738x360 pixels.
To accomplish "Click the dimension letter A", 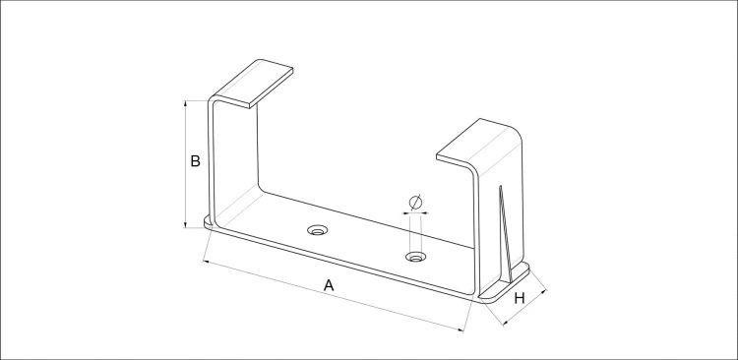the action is coord(329,285).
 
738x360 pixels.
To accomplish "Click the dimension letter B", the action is coord(196,161).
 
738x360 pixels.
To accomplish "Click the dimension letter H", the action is coord(520,298).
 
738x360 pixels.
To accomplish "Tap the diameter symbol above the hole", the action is coord(415,203).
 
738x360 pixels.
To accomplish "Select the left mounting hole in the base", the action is coord(318,230).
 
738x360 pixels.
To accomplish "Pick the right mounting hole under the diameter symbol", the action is coord(416,257).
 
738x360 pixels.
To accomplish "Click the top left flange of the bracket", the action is coord(253,83).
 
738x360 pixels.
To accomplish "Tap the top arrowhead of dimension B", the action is coord(186,103).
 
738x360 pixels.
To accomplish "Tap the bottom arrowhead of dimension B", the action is coord(186,224).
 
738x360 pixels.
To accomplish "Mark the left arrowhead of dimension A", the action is coord(207,262).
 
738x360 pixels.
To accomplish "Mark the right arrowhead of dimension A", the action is coord(461,330).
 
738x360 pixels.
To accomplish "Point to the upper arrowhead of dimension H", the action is coord(544,293).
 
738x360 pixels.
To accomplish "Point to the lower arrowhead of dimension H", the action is coord(506,322).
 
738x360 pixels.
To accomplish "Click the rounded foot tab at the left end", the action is coord(208,221).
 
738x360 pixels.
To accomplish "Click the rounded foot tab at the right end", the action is coord(504,283).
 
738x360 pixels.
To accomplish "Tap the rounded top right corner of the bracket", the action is coord(518,133).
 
